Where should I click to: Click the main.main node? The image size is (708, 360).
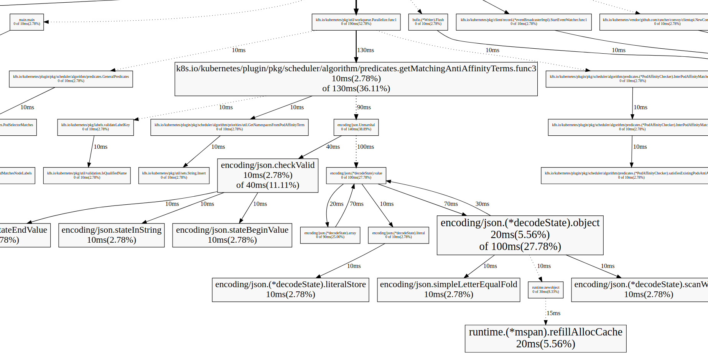click(27, 22)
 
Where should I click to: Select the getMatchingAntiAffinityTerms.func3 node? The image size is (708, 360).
click(356, 79)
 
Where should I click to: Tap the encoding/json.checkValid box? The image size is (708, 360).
click(268, 175)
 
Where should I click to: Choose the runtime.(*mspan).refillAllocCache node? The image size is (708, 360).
click(545, 338)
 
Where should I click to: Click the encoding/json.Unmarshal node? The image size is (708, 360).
click(356, 127)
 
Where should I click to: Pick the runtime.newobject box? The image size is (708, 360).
click(545, 289)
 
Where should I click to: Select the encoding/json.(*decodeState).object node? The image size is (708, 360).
click(520, 235)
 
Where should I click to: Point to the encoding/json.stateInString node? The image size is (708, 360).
click(111, 235)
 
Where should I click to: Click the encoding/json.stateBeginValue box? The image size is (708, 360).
click(232, 235)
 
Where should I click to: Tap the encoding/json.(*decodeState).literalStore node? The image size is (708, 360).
click(290, 289)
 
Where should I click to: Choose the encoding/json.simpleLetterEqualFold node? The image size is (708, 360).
click(448, 289)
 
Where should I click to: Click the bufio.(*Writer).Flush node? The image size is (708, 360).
click(428, 22)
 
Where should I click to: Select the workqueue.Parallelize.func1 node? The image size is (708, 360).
click(356, 22)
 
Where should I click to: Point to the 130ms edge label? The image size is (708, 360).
click(366, 50)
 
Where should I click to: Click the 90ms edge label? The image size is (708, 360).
click(364, 107)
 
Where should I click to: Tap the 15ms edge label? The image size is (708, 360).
click(553, 313)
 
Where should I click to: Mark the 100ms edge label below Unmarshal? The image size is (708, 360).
click(366, 147)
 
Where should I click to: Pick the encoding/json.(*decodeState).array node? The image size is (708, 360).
click(330, 235)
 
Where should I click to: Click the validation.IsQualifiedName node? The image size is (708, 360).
click(87, 175)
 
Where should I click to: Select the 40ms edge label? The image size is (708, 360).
click(333, 147)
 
